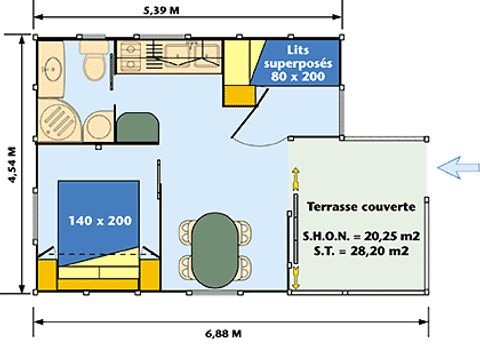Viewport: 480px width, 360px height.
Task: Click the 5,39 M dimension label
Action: [161, 10]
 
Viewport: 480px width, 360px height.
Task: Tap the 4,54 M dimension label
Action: [12, 165]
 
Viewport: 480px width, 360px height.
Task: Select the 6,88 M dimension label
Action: [223, 333]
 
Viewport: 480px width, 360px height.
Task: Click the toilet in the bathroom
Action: [94, 60]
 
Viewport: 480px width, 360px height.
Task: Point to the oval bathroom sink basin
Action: [53, 69]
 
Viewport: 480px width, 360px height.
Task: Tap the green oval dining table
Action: [215, 250]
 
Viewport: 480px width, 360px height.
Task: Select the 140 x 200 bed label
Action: [100, 220]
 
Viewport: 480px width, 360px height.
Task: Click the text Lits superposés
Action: [298, 57]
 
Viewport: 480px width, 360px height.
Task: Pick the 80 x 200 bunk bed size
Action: [298, 76]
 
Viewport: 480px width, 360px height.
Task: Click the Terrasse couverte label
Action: [361, 207]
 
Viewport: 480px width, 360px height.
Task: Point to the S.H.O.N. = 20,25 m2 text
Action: [361, 236]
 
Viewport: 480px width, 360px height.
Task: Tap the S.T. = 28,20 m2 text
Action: [361, 251]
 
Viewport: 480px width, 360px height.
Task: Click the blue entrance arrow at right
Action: [458, 167]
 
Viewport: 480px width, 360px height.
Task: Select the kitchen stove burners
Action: [129, 57]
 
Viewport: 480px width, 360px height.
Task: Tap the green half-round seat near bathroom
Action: [138, 127]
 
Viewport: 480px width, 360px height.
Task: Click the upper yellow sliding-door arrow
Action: [296, 179]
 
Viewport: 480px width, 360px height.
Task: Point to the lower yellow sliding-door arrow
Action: [296, 276]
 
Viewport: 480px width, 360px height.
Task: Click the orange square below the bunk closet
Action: [239, 96]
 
